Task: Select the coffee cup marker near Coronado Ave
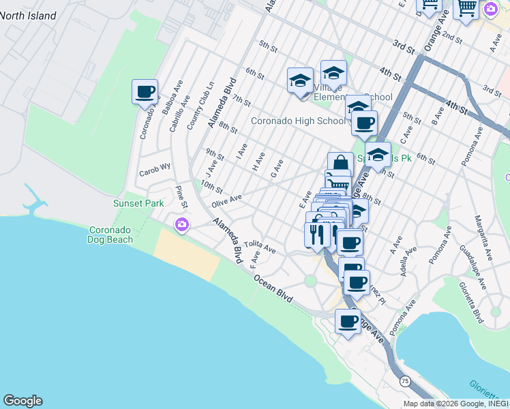point(145,92)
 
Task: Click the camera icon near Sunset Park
point(181,224)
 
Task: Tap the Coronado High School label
point(299,121)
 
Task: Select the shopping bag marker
point(340,164)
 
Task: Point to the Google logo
point(22,401)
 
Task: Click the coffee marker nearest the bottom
point(348,321)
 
